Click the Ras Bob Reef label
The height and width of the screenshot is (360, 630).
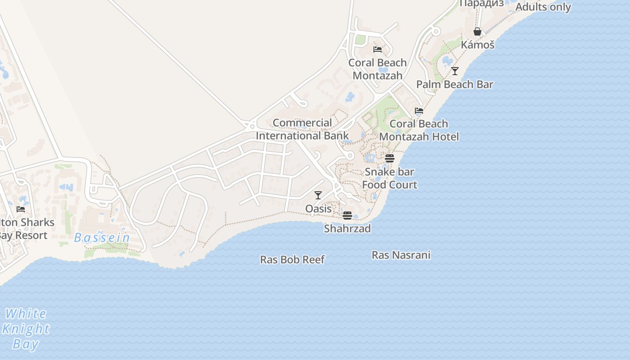[292, 260]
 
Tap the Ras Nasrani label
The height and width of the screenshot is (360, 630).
[401, 255]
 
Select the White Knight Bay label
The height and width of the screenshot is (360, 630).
[26, 329]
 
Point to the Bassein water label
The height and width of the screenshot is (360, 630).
[102, 238]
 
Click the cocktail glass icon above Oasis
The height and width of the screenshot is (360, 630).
[318, 195]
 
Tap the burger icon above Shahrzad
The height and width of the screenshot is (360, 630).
[347, 216]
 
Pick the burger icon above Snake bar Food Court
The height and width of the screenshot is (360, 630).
[390, 158]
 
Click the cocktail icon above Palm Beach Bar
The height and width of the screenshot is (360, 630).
[455, 71]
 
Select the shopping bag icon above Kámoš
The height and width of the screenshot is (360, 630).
[477, 31]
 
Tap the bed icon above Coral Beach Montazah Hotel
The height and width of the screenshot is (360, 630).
[419, 111]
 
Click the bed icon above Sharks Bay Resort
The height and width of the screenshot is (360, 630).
[21, 209]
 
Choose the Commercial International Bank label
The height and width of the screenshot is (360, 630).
[302, 129]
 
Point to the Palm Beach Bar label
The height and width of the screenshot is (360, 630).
[454, 85]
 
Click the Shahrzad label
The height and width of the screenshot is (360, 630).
[347, 229]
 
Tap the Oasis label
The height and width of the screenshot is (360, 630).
[318, 209]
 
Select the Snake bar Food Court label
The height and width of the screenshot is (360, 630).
[390, 178]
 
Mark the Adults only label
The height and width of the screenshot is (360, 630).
[543, 7]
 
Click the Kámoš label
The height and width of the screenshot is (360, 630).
[477, 45]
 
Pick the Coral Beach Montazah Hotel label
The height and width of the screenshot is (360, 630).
[419, 130]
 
